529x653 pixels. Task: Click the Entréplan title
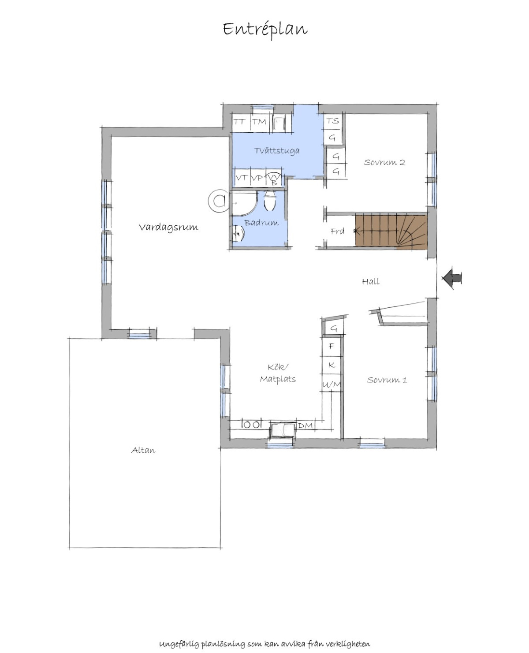(265, 30)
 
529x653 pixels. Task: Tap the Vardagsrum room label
(168, 227)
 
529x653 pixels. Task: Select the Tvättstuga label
(277, 151)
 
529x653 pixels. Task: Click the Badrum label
(261, 223)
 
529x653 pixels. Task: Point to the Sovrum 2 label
(384, 162)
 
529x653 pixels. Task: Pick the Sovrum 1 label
(387, 380)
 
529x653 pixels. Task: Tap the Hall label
(371, 281)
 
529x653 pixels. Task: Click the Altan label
(143, 450)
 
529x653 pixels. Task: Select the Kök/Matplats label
(278, 373)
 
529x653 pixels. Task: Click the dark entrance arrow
(451, 278)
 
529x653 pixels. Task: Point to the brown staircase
(391, 232)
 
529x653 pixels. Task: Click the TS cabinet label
(333, 121)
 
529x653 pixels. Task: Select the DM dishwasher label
(305, 425)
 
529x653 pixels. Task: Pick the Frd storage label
(337, 231)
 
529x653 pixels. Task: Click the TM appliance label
(259, 122)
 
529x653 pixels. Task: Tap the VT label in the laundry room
(242, 177)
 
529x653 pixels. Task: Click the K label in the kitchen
(332, 365)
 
